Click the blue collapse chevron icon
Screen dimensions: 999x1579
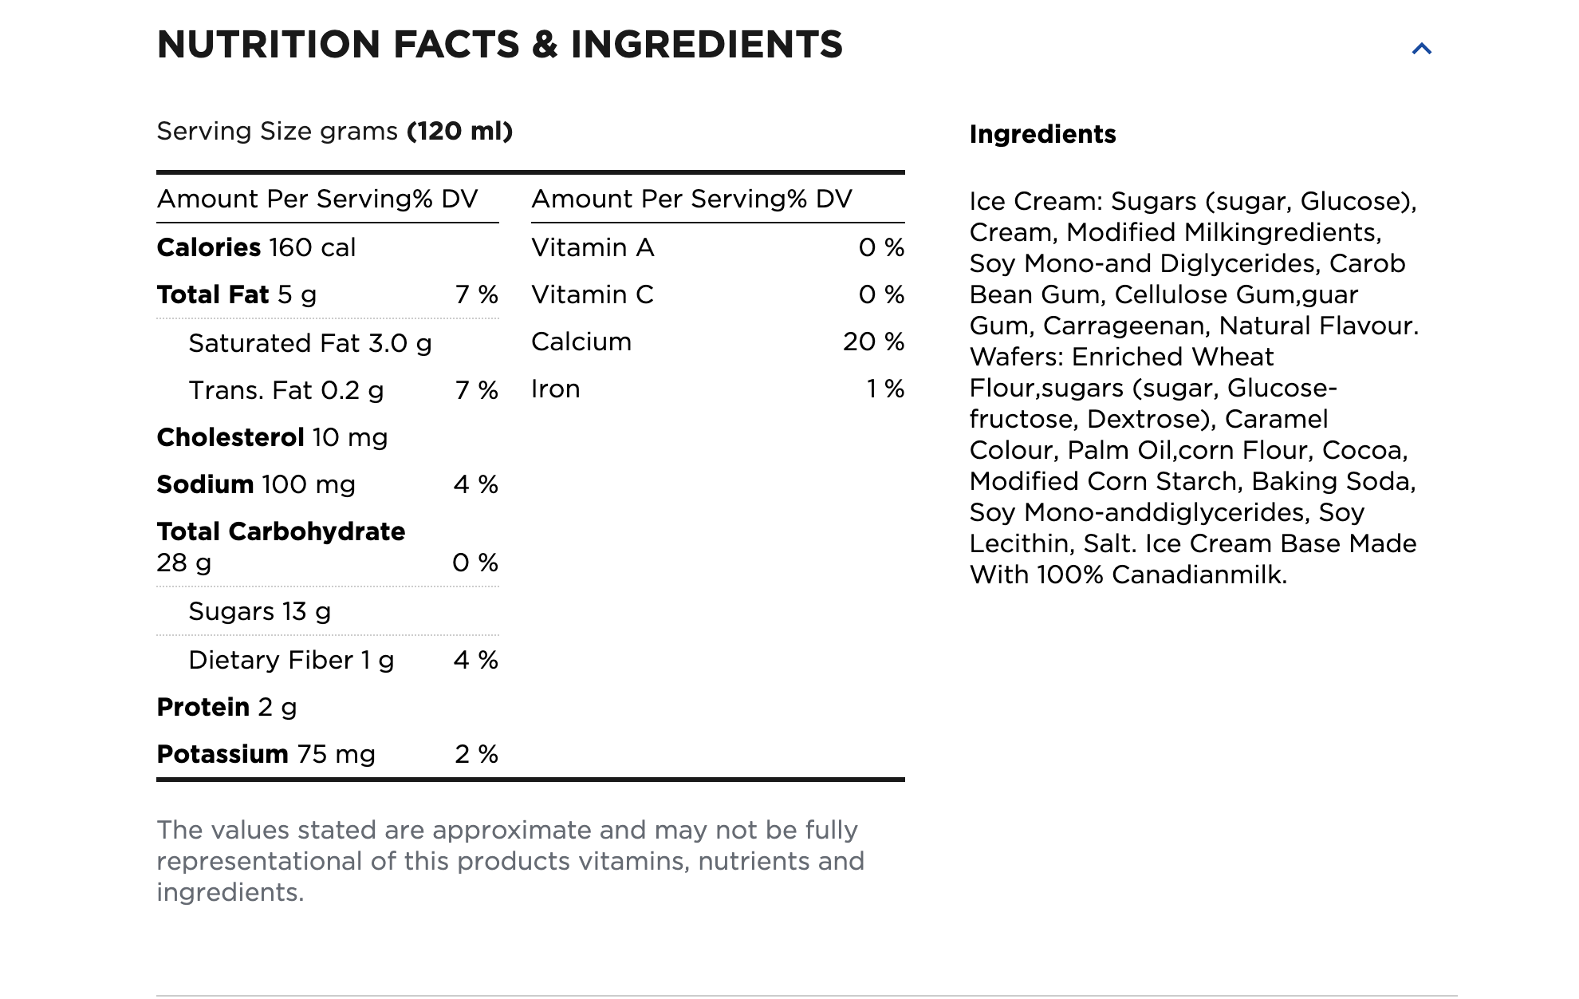coord(1421,49)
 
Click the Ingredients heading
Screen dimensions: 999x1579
coord(1042,134)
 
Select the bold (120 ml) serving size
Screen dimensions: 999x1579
coord(459,131)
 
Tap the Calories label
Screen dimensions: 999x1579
coord(209,247)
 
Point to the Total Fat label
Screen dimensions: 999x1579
coord(213,294)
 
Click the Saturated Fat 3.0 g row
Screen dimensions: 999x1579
coord(309,343)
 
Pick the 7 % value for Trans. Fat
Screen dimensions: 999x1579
coord(476,390)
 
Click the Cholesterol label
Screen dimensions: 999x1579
coord(230,437)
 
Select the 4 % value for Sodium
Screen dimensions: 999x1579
coord(475,484)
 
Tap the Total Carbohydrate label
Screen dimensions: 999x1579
coord(281,531)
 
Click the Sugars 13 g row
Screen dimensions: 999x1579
coord(259,611)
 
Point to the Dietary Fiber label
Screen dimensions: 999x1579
coord(271,660)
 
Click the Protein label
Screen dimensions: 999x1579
coord(203,707)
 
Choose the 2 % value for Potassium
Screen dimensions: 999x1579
coord(476,754)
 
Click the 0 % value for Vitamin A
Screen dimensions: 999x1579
coord(881,247)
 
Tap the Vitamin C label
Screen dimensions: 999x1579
coord(593,294)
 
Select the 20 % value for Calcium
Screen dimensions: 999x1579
coord(873,342)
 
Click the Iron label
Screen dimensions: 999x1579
coord(556,389)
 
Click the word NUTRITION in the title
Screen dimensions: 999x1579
coord(268,45)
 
